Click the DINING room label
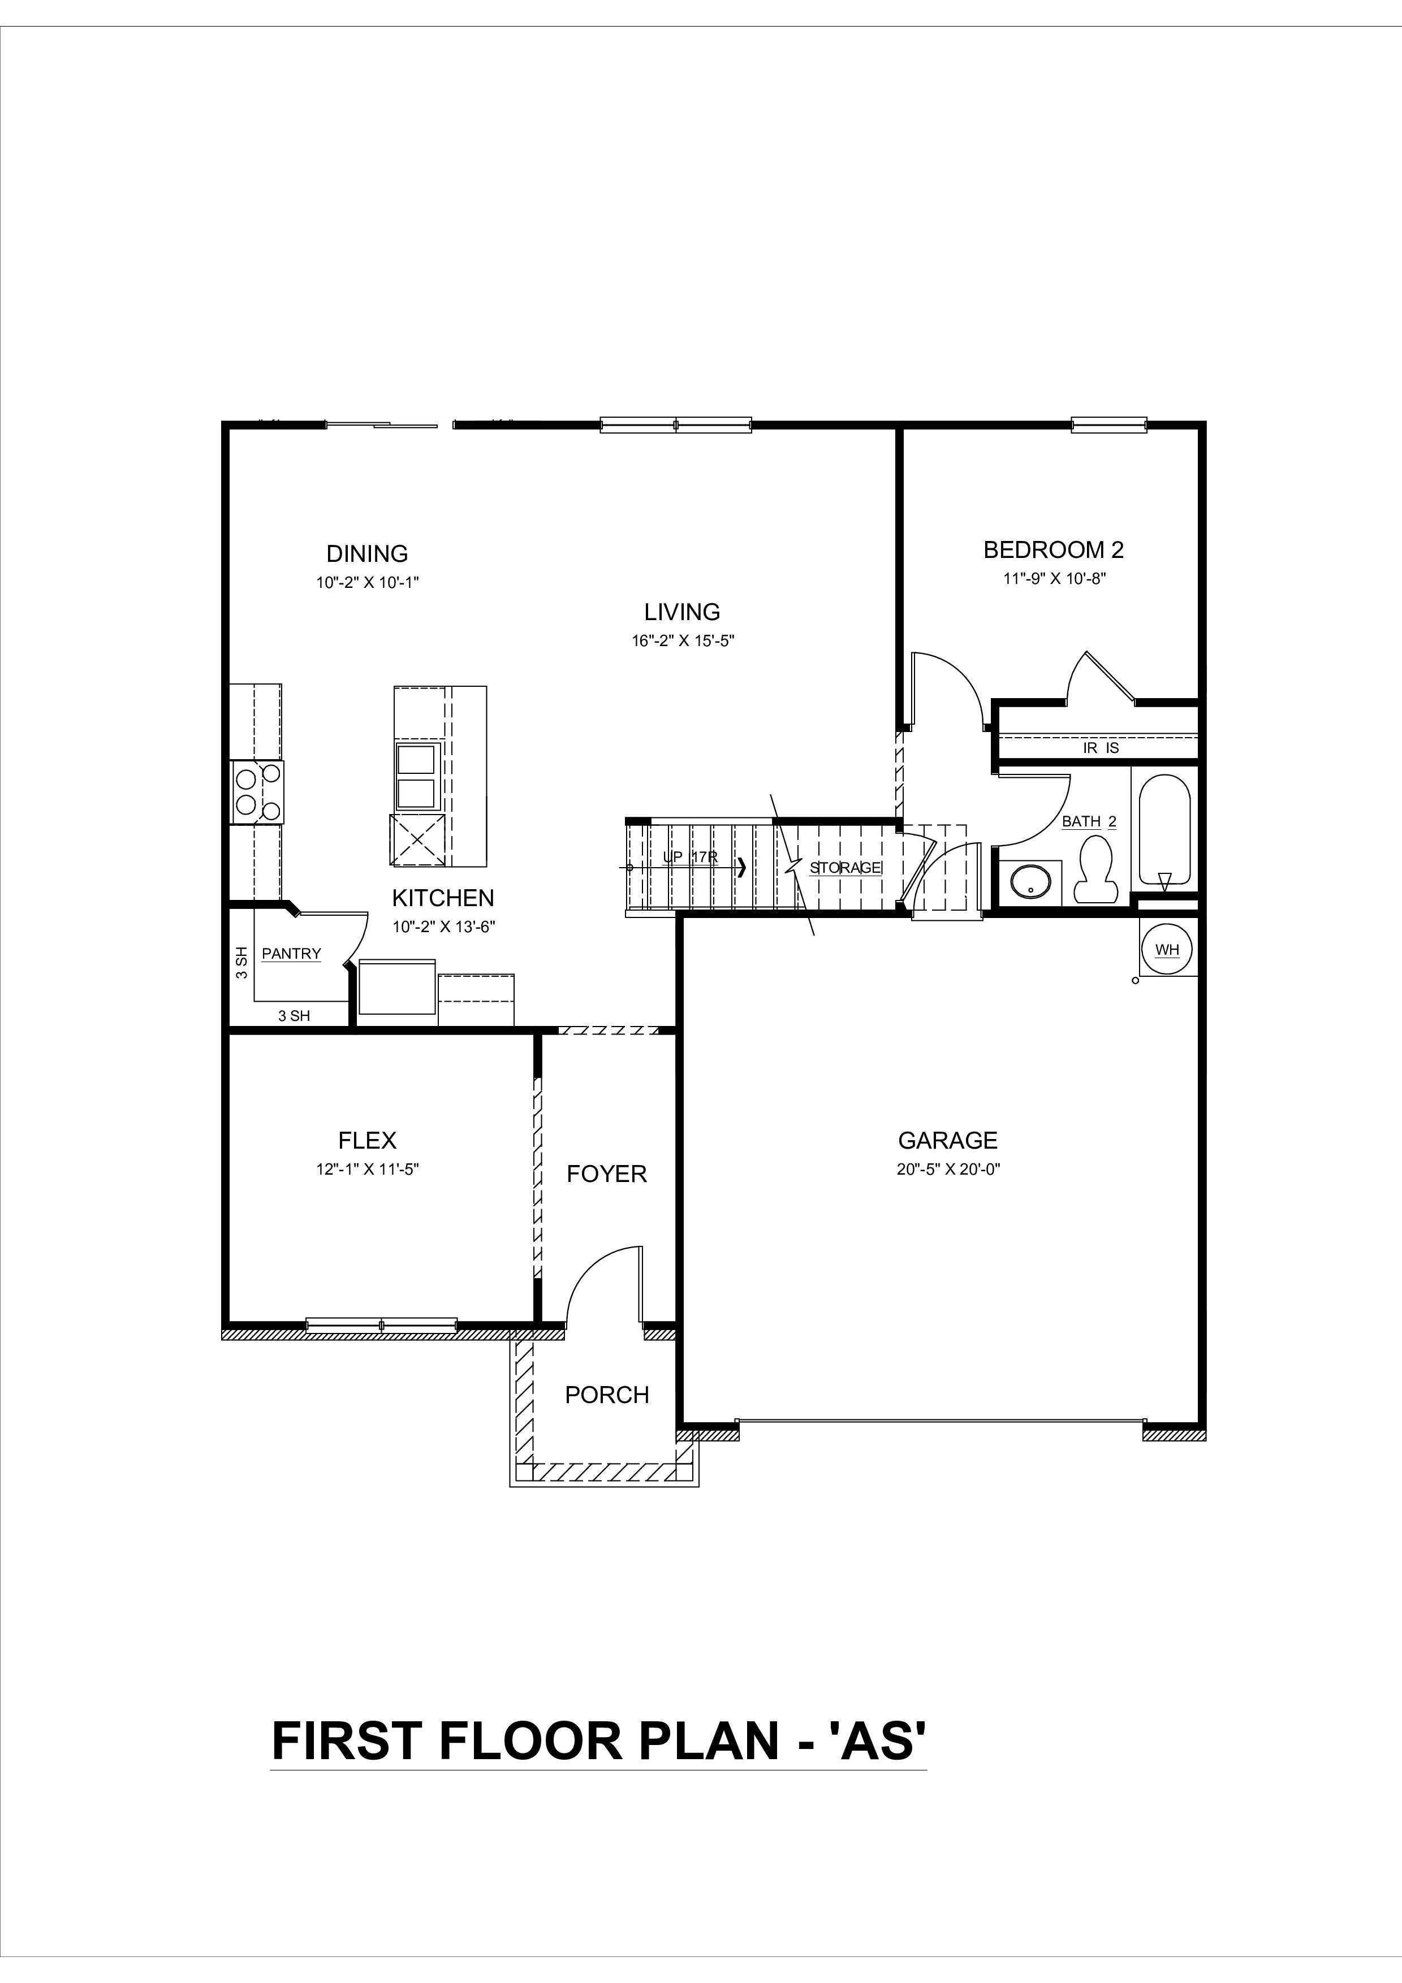tap(367, 553)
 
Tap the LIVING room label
tap(681, 612)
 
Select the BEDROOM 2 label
tap(1053, 549)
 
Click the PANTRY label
tap(291, 954)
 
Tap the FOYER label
tap(606, 1174)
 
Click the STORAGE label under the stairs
tap(845, 867)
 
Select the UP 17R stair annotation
tap(689, 857)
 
